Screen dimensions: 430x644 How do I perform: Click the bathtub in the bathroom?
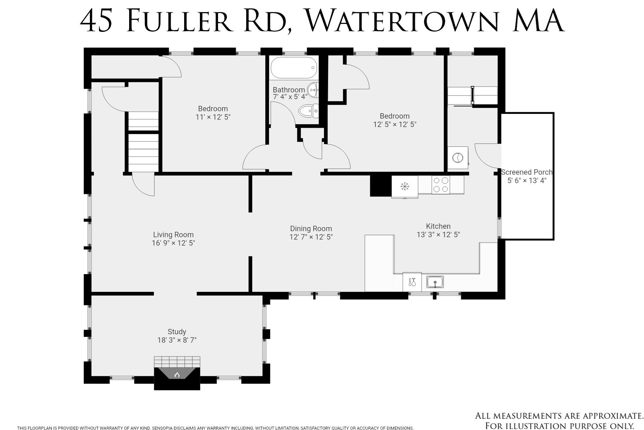pyautogui.click(x=293, y=68)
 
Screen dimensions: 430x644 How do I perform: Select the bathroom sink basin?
pyautogui.click(x=313, y=90)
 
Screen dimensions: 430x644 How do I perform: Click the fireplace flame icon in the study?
pyautogui.click(x=177, y=375)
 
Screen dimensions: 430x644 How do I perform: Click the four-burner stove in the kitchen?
pyautogui.click(x=440, y=185)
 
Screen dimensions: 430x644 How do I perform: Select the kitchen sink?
pyautogui.click(x=435, y=282)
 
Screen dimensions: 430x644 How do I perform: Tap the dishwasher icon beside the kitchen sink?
pyautogui.click(x=412, y=282)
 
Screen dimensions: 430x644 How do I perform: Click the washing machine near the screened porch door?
pyautogui.click(x=458, y=158)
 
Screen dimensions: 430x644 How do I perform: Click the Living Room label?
pyautogui.click(x=173, y=235)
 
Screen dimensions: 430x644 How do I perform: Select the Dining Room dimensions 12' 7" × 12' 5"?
pyautogui.click(x=311, y=237)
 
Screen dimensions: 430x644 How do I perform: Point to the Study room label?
pyautogui.click(x=177, y=332)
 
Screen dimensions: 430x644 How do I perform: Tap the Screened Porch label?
pyautogui.click(x=526, y=172)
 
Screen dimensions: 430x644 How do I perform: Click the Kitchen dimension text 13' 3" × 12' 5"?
pyautogui.click(x=438, y=235)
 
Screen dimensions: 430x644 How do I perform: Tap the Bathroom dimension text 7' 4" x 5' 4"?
pyautogui.click(x=290, y=97)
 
